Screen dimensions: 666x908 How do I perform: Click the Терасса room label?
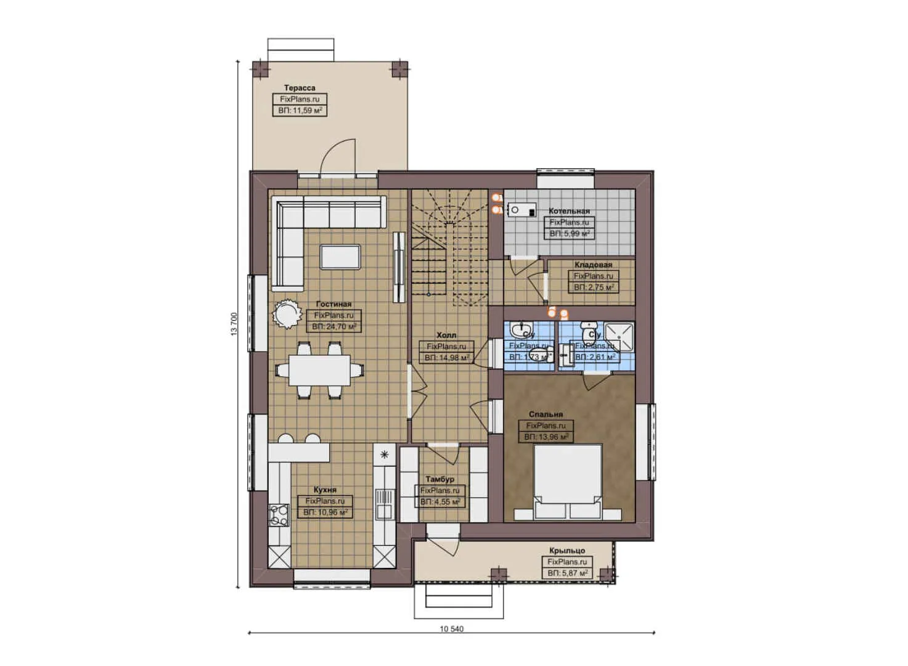[x=299, y=88]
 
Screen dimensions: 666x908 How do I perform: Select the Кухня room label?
[x=325, y=490]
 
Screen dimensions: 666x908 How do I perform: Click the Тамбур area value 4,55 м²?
[x=440, y=502]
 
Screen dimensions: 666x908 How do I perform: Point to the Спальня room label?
[x=546, y=414]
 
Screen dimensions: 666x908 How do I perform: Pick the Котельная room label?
[x=569, y=211]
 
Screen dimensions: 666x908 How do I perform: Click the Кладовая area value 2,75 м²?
[x=593, y=287]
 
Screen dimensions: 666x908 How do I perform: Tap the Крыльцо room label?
[x=567, y=551]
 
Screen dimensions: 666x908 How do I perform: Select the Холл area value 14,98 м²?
[x=446, y=358]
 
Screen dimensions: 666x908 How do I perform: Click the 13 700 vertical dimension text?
[x=234, y=324]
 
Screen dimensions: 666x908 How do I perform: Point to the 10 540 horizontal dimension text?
[x=451, y=629]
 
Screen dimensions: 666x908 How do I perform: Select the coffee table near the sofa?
[x=340, y=256]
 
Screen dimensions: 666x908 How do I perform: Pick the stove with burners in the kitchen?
[x=279, y=515]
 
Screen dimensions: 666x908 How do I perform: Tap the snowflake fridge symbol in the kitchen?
[x=385, y=455]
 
